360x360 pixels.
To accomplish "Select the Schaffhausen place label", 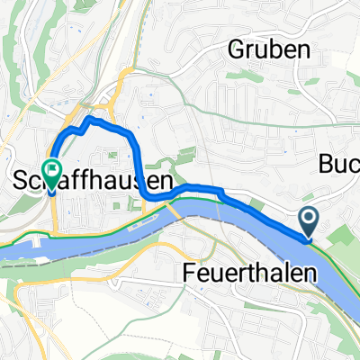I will pyautogui.click(x=94, y=180).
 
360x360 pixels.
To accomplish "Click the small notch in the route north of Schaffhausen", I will pyautogui.click(x=80, y=129).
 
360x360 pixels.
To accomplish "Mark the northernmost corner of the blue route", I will pyautogui.click(x=89, y=118).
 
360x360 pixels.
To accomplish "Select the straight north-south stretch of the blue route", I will pyautogui.click(x=137, y=162).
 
